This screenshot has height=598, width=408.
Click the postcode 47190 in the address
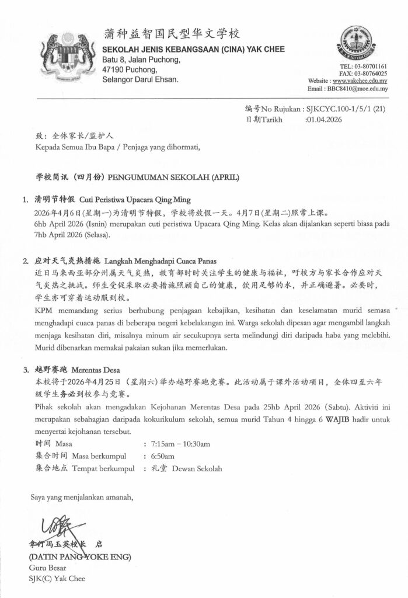coord(114,69)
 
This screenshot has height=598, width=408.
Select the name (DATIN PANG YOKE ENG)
coord(80,555)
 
